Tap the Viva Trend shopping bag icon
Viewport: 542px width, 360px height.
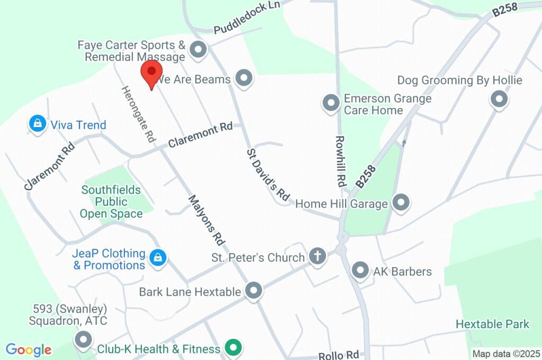tap(38, 124)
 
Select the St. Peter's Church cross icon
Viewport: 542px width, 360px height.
tap(318, 257)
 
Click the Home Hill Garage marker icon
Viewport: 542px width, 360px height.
tap(401, 203)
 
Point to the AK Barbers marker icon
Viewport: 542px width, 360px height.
tap(360, 271)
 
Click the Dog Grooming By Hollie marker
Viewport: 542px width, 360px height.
tap(499, 99)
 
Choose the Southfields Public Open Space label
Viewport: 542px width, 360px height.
tap(111, 202)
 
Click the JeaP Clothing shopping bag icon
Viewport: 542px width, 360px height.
tap(157, 258)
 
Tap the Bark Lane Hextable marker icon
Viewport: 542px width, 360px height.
tap(254, 291)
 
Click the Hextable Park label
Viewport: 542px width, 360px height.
tap(492, 323)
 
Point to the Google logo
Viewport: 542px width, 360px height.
tap(29, 349)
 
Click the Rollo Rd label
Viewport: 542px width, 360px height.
tap(339, 355)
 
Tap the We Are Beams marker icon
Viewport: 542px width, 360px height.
tap(243, 78)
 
